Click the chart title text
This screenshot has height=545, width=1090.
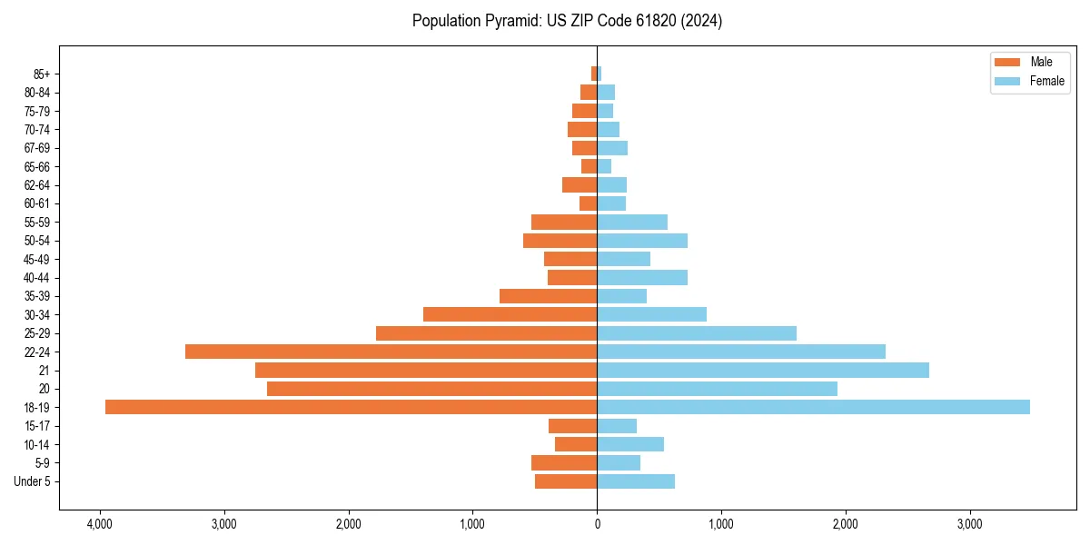point(567,21)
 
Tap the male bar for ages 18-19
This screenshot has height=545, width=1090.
point(351,407)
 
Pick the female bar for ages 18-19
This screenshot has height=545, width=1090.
point(813,407)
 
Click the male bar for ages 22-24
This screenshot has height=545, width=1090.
point(391,352)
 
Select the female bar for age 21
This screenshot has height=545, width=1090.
point(763,370)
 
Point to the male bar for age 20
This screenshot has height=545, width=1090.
point(431,389)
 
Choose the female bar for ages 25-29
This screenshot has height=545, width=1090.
point(697,333)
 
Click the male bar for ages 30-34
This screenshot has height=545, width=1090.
point(510,314)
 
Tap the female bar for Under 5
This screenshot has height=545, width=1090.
point(636,481)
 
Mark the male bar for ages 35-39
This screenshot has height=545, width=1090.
point(548,296)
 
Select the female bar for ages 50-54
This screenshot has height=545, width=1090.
point(642,241)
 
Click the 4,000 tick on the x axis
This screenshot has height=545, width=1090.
point(100,524)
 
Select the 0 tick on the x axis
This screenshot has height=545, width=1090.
point(597,524)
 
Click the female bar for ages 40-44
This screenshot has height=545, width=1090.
point(642,278)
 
